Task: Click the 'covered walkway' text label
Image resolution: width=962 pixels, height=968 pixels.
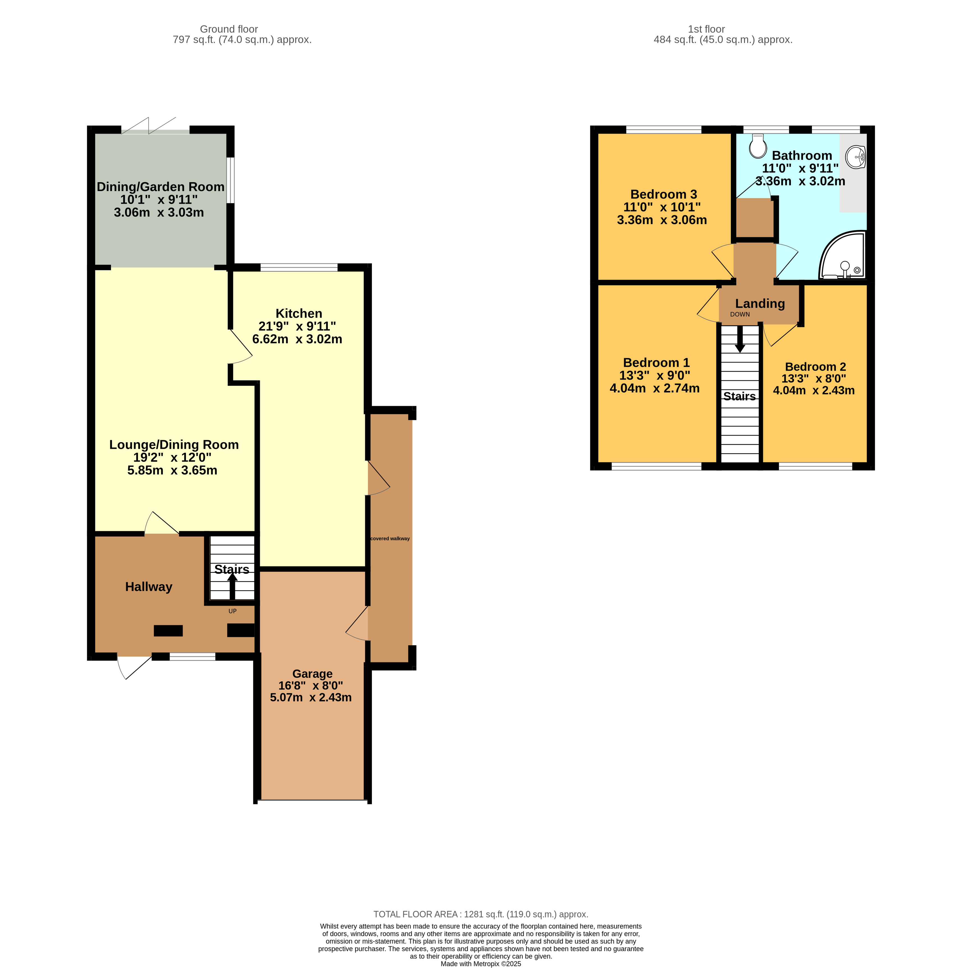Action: (x=390, y=539)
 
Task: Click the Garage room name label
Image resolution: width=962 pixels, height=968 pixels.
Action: (x=312, y=674)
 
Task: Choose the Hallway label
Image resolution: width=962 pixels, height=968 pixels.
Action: (x=149, y=587)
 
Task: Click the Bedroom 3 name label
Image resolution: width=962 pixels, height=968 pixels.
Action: (x=663, y=194)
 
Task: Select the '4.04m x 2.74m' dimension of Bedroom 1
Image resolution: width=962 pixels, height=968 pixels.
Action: (x=654, y=388)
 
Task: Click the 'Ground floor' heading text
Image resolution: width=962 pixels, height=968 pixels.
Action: (x=229, y=29)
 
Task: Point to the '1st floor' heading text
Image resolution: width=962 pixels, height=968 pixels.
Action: (x=706, y=29)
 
